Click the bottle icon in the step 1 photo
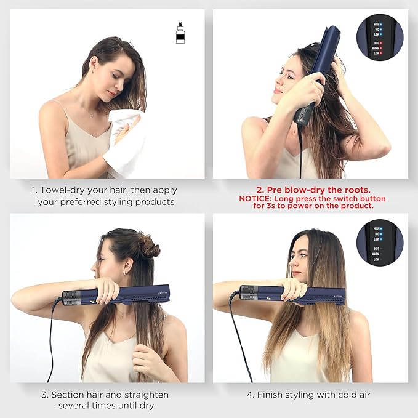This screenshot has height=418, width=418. [x=180, y=33]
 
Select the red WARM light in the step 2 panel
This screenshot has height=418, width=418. [x=381, y=49]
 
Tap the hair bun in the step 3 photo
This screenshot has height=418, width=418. [x=148, y=246]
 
